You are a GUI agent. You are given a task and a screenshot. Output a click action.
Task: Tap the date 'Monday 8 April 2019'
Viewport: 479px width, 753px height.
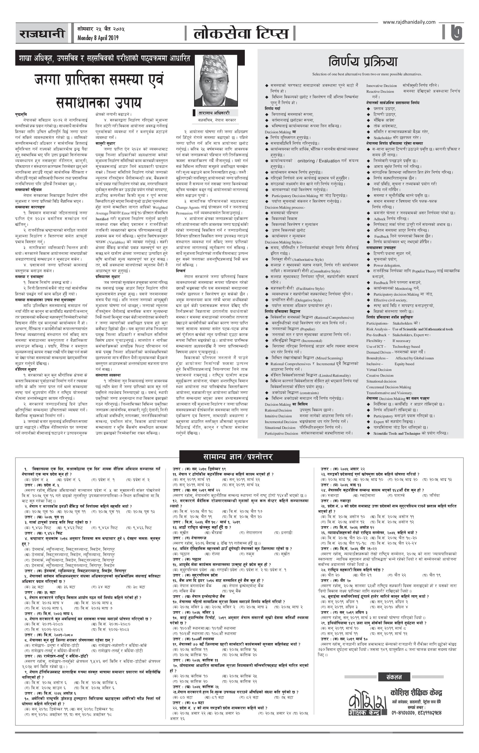pyautogui.click(x=98, y=38)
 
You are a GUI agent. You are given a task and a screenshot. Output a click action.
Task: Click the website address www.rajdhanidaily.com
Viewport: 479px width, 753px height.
pyautogui.click(x=409, y=22)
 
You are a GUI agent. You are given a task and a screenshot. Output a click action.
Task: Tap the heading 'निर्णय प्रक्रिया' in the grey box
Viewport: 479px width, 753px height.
pyautogui.click(x=362, y=62)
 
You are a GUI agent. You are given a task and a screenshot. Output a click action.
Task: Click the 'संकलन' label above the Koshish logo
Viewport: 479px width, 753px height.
pyautogui.click(x=394, y=677)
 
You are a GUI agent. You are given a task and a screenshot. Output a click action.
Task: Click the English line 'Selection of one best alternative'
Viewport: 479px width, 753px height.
pyautogui.click(x=367, y=74)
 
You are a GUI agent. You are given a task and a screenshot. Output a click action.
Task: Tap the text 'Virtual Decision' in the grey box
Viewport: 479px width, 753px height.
pyautogui.click(x=379, y=370)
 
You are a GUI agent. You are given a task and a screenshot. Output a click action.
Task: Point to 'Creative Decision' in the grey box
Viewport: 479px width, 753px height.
pyautogui.click(x=380, y=376)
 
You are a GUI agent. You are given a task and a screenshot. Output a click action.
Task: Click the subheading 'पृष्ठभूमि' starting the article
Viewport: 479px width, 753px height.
pyautogui.click(x=21, y=114)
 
